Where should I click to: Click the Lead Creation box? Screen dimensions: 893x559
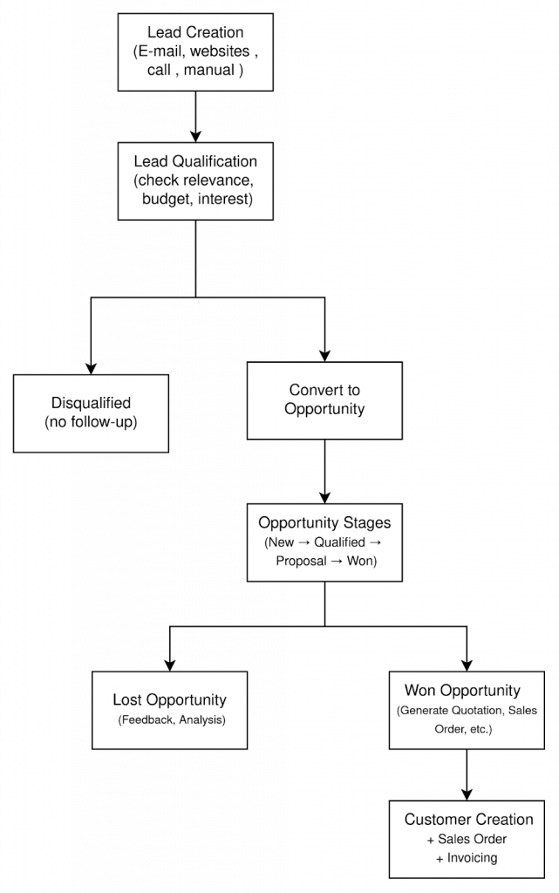[x=195, y=51]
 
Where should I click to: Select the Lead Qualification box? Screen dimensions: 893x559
[x=195, y=181]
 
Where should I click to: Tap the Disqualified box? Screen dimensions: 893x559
[x=91, y=412]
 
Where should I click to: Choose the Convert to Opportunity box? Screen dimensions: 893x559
[x=324, y=400]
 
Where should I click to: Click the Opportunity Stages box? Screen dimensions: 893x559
[x=324, y=542]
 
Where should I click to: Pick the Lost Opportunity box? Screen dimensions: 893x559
[x=169, y=709]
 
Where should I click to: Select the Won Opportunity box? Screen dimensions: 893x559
[x=466, y=709]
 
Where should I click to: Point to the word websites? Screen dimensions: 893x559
[x=220, y=51]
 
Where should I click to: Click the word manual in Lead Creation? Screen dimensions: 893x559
[x=209, y=70]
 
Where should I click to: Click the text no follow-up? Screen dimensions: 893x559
[x=91, y=422]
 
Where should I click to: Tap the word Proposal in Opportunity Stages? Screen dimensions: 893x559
[x=301, y=561]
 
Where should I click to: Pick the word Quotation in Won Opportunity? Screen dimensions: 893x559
[x=474, y=711]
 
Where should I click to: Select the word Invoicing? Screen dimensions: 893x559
[x=472, y=857]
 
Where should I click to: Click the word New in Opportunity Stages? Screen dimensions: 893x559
[x=281, y=542]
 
